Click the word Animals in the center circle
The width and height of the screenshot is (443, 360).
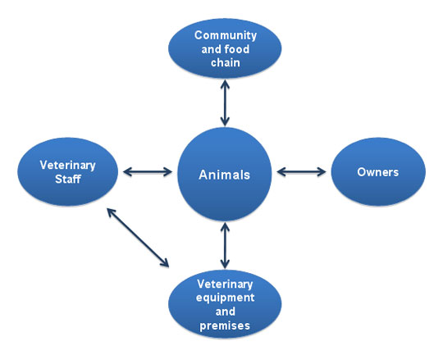point(224,175)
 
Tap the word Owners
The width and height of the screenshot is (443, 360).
point(377,172)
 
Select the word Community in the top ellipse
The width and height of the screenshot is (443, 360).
point(226,35)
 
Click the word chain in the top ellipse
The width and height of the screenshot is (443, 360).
point(226,62)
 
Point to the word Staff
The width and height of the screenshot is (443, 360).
point(68,179)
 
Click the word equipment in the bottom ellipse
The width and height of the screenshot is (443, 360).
point(225,298)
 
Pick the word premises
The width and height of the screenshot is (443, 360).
point(225,326)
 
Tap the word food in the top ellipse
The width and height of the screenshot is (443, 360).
point(237,49)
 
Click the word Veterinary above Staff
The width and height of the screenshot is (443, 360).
point(67,166)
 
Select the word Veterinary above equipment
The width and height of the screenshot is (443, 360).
point(225,285)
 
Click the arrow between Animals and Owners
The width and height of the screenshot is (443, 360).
point(301,171)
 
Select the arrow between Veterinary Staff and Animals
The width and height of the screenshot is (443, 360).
point(148,171)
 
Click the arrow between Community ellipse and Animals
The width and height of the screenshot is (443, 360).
point(225,103)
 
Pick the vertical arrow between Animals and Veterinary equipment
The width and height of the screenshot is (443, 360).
point(225,245)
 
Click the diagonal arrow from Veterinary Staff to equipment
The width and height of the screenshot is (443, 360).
point(138,238)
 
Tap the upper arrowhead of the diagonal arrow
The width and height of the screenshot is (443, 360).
point(111,212)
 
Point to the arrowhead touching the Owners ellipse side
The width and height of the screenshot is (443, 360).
point(322,171)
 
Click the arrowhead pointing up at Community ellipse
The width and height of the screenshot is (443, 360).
point(225,84)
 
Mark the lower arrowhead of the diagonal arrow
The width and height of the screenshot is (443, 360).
point(165,263)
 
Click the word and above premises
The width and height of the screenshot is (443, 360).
point(225,312)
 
